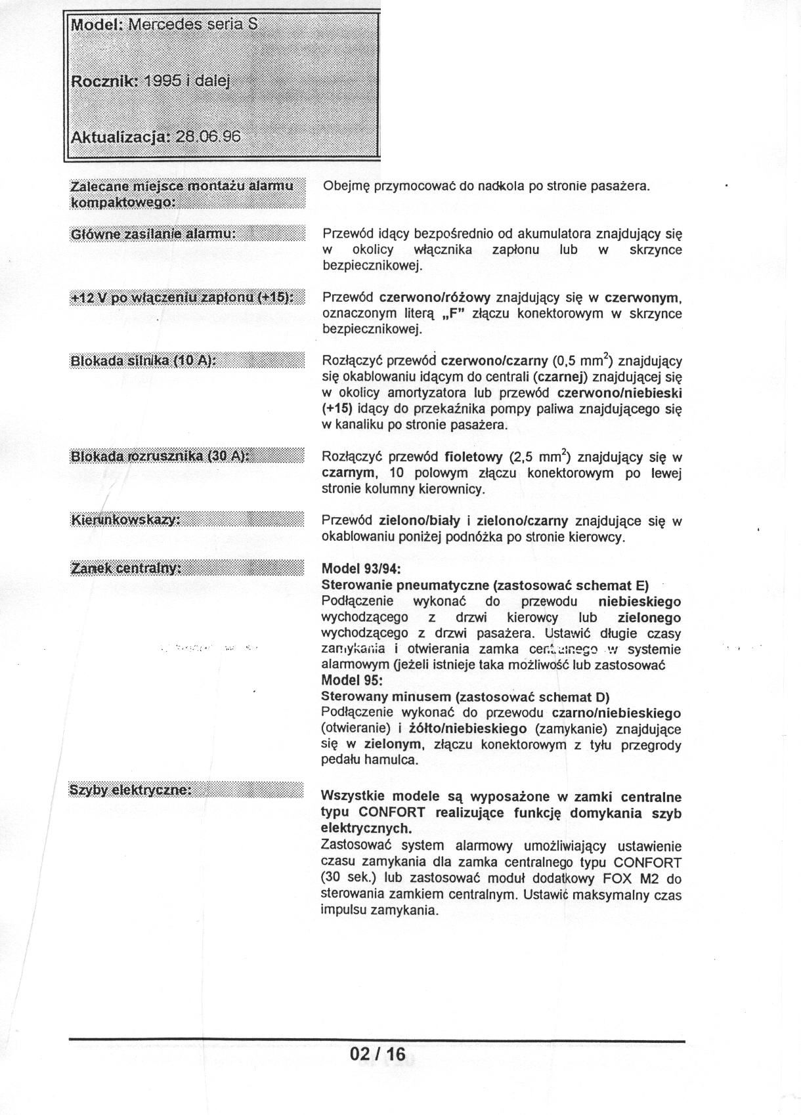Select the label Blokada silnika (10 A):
pyautogui.click(x=143, y=360)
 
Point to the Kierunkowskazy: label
pyautogui.click(x=125, y=520)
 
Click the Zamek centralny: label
pyautogui.click(x=125, y=568)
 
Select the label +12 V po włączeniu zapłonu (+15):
pyautogui.click(x=181, y=297)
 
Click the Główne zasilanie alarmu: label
pyautogui.click(x=152, y=234)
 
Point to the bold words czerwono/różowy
pyautogui.click(x=434, y=297)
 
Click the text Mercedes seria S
pyautogui.click(x=193, y=25)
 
